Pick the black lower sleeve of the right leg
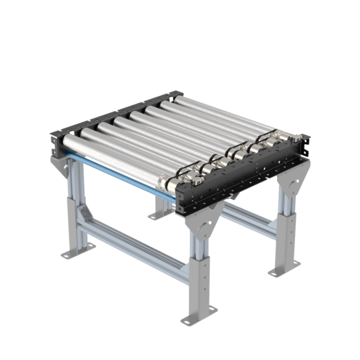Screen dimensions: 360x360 [286, 240]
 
